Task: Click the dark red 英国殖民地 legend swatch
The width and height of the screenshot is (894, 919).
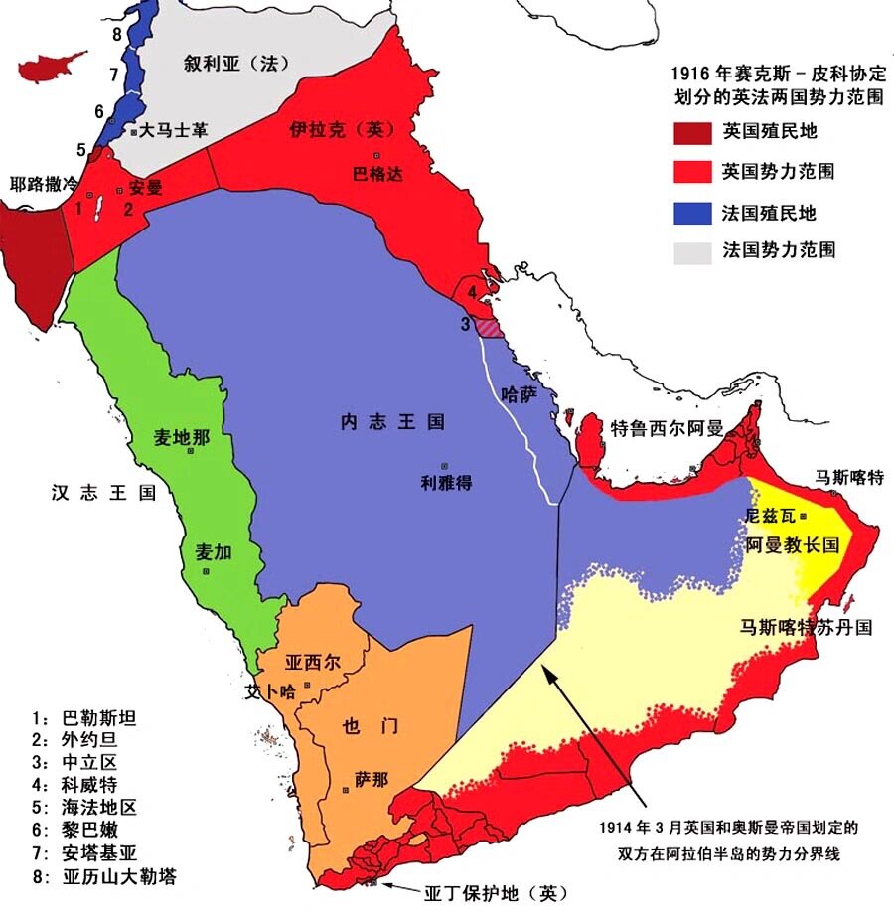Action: [692, 132]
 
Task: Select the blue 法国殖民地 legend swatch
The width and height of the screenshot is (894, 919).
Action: [692, 212]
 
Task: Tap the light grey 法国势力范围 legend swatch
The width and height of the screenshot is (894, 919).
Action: [692, 251]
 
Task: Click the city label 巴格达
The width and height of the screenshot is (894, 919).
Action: [378, 174]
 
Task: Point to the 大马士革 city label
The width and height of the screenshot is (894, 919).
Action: [173, 130]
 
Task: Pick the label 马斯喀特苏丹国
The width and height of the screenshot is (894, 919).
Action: [806, 628]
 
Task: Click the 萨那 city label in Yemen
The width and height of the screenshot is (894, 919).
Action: [371, 780]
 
